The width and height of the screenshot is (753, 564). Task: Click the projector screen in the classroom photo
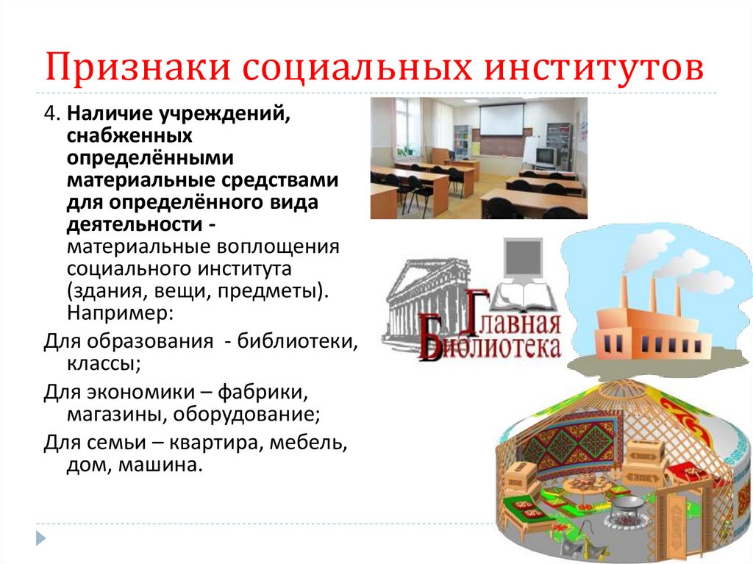[502, 120]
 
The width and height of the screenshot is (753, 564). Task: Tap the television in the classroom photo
[545, 156]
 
